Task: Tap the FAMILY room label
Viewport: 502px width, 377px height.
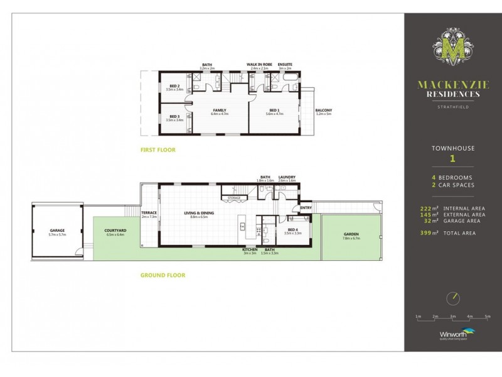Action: pos(220,111)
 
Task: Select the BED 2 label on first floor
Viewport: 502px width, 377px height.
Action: pos(175,87)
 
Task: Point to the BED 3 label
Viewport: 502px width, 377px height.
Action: pos(175,117)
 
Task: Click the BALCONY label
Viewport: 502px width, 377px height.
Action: pos(323,111)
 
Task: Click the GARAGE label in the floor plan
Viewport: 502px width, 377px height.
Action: pos(57,231)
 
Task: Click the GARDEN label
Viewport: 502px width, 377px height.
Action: pos(351,235)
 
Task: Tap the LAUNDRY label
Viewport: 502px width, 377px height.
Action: pos(287,177)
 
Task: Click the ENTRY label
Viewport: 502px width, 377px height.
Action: pos(306,208)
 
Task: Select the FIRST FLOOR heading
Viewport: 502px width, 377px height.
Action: pos(158,150)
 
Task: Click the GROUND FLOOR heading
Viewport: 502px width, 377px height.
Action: pos(163,275)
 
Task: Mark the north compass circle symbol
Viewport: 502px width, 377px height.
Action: pos(452,297)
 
